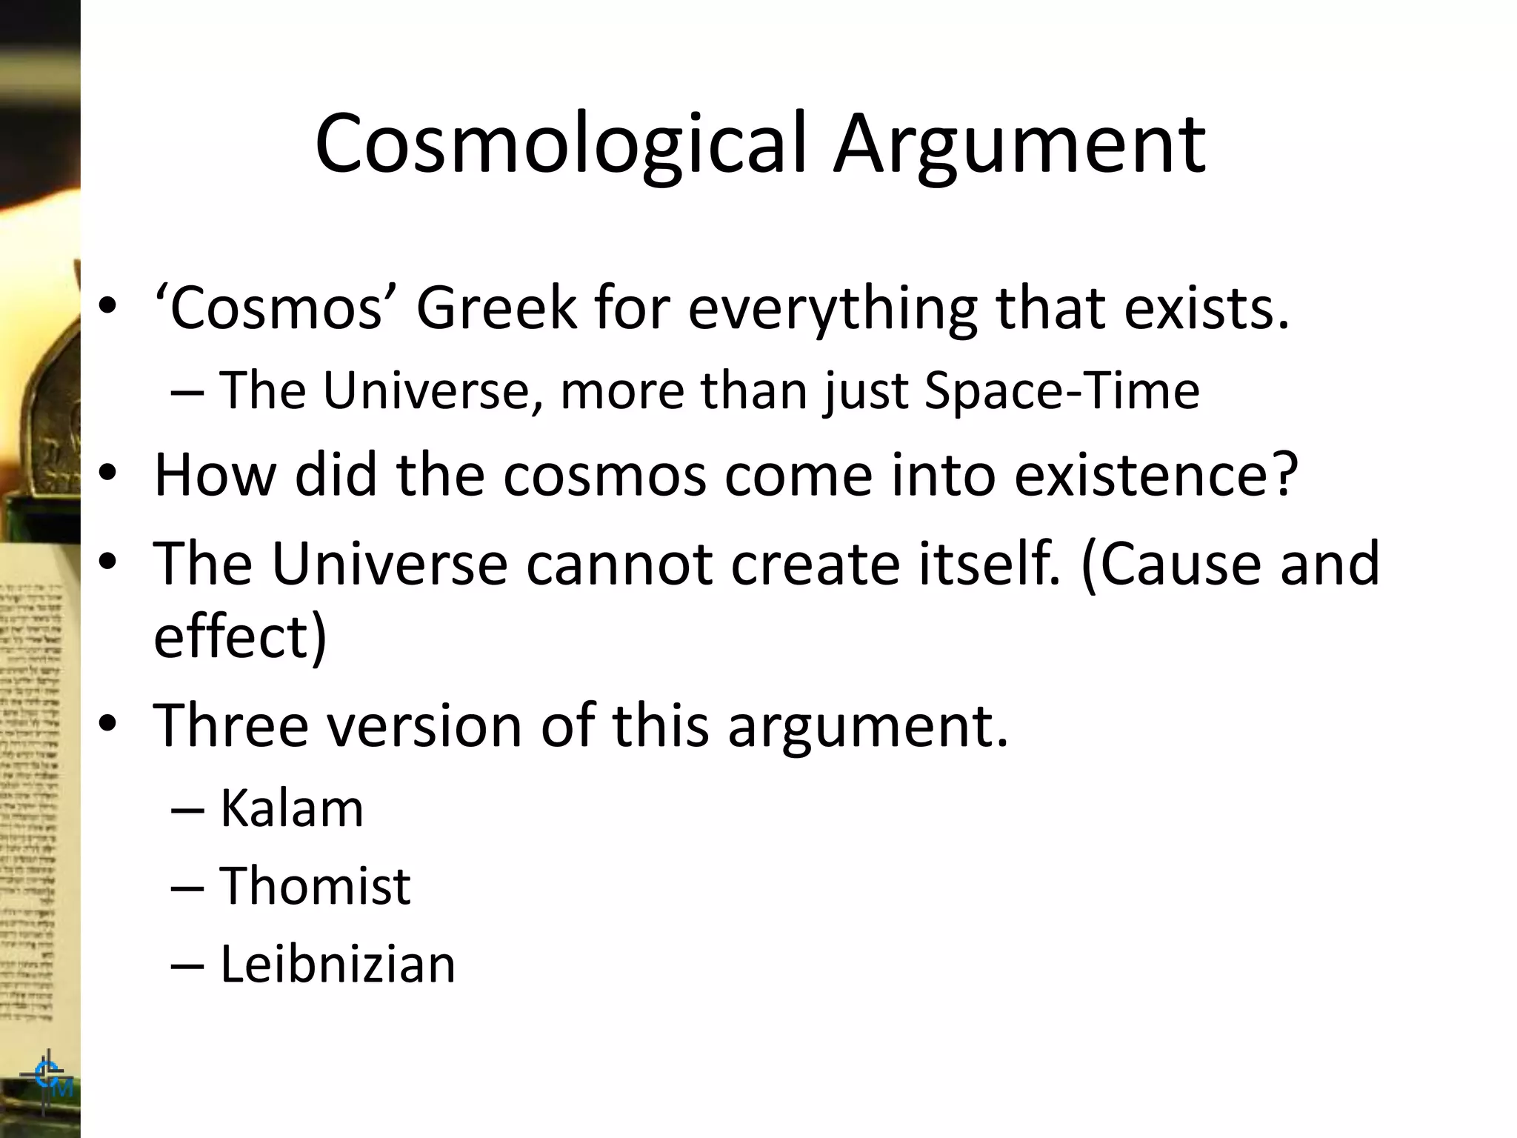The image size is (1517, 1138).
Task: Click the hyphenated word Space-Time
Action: (1061, 390)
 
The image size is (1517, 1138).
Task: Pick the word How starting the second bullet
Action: (214, 474)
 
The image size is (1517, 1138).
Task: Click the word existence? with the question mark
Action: (1156, 474)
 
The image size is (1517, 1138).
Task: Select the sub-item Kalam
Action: (291, 808)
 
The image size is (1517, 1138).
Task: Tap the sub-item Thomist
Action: (315, 885)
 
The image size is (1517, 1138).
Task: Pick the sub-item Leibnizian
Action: (337, 965)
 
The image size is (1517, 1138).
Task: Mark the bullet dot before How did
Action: (108, 474)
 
